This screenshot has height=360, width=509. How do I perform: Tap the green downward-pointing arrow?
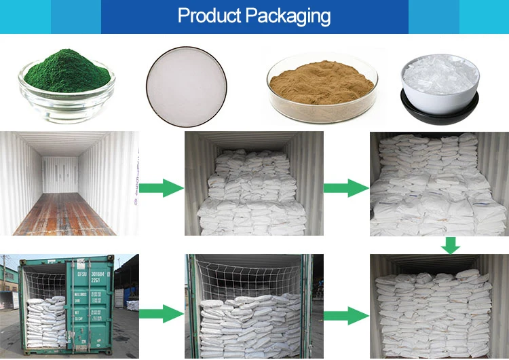click(x=449, y=244)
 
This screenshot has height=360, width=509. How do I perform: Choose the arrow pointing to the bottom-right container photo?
click(x=346, y=314)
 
